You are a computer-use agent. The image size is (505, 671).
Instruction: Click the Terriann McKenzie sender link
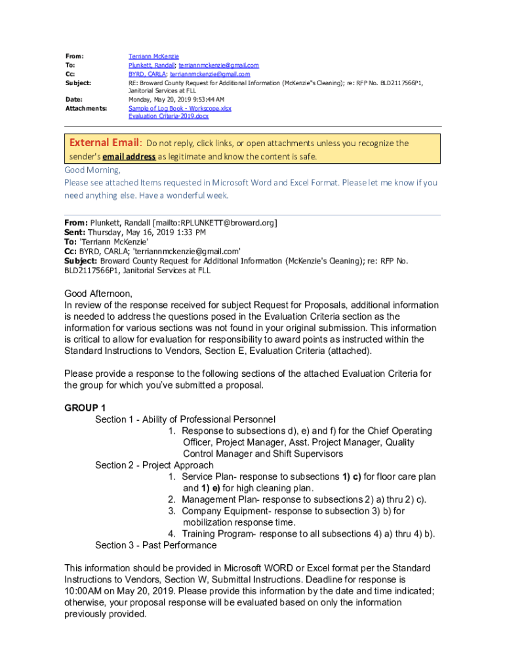tap(153, 57)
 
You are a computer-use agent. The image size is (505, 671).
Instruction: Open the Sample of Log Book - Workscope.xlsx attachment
tap(180, 108)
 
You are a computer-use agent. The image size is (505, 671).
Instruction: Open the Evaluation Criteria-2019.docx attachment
tap(169, 116)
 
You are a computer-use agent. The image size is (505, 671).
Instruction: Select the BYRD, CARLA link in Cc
tap(147, 74)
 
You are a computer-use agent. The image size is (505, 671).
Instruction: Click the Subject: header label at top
tap(78, 83)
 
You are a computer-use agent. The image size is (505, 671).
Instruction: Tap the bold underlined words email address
tap(129, 157)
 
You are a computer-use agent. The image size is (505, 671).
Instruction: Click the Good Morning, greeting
tap(92, 170)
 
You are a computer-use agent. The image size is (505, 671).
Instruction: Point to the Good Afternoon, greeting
tap(98, 294)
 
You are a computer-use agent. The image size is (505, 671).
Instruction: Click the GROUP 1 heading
tap(85, 408)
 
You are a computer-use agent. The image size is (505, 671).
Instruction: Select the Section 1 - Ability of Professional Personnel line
tap(185, 419)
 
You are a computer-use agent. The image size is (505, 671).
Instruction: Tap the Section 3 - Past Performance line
tap(155, 545)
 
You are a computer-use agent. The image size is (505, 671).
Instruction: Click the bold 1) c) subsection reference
tap(352, 476)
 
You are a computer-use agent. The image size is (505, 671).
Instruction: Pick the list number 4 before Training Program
tap(171, 534)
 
